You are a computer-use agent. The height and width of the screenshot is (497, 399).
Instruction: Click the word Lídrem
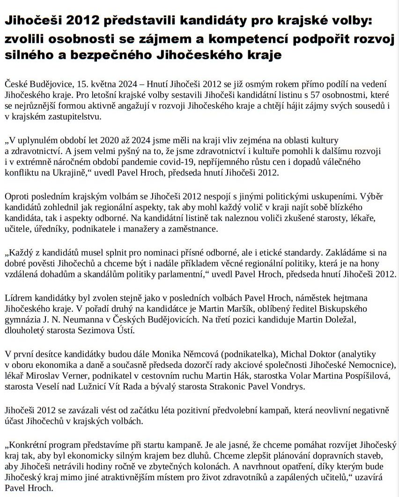(x=18, y=298)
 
